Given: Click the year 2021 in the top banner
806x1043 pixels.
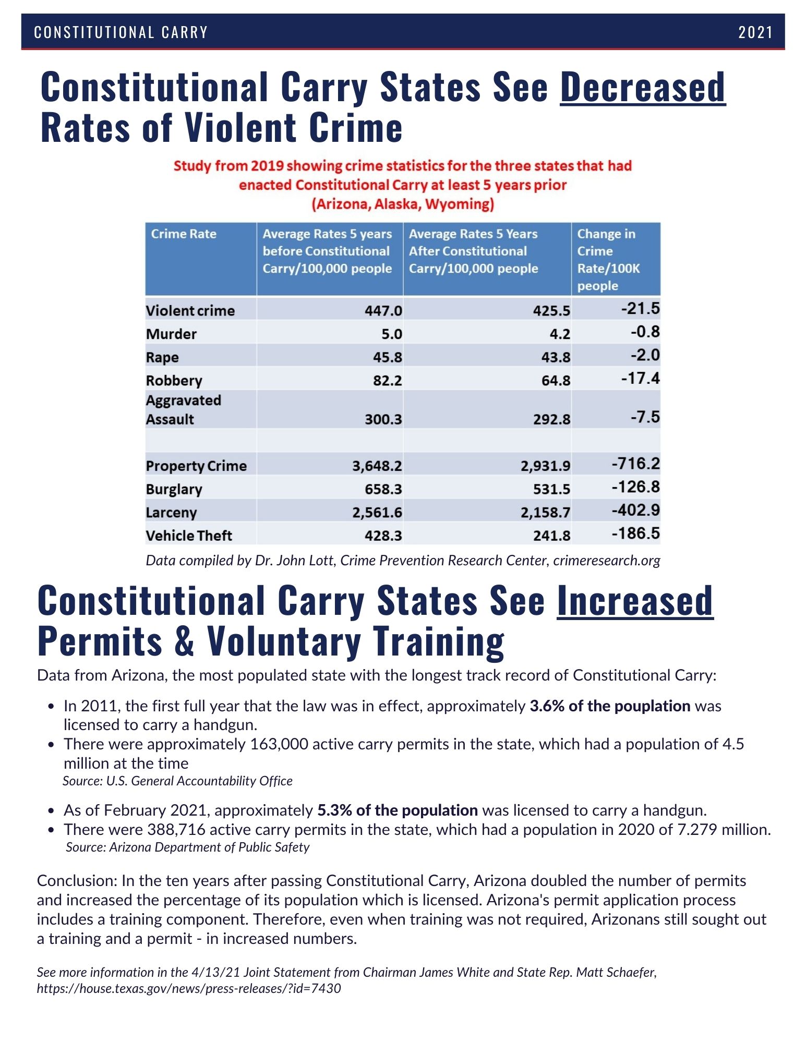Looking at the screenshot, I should (755, 32).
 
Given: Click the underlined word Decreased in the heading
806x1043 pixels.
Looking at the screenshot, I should (642, 87).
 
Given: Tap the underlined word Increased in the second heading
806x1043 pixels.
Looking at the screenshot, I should (634, 601).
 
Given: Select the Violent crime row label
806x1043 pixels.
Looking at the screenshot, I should (190, 311).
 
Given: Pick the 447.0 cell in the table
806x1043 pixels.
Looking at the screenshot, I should (383, 311).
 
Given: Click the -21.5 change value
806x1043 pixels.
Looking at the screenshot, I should (640, 309).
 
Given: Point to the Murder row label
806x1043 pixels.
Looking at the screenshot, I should (171, 334).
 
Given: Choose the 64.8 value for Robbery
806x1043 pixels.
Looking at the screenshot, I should (556, 381).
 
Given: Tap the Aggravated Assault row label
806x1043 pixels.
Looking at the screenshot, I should (183, 410).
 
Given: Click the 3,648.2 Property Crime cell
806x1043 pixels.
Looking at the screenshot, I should (377, 466).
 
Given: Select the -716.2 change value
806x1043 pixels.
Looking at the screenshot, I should (635, 464).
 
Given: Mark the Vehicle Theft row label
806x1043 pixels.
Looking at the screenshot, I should (189, 536).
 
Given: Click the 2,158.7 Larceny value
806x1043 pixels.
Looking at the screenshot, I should (545, 513).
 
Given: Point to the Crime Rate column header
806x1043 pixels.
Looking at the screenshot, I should (184, 234).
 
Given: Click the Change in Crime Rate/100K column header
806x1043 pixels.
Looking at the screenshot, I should (608, 259).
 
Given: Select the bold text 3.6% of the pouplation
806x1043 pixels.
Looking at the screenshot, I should (610, 706).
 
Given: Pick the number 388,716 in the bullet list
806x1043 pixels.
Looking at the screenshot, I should (176, 830).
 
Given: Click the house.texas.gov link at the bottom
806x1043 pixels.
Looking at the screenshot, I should (188, 988).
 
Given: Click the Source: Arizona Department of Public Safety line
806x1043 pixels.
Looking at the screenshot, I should (188, 847).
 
